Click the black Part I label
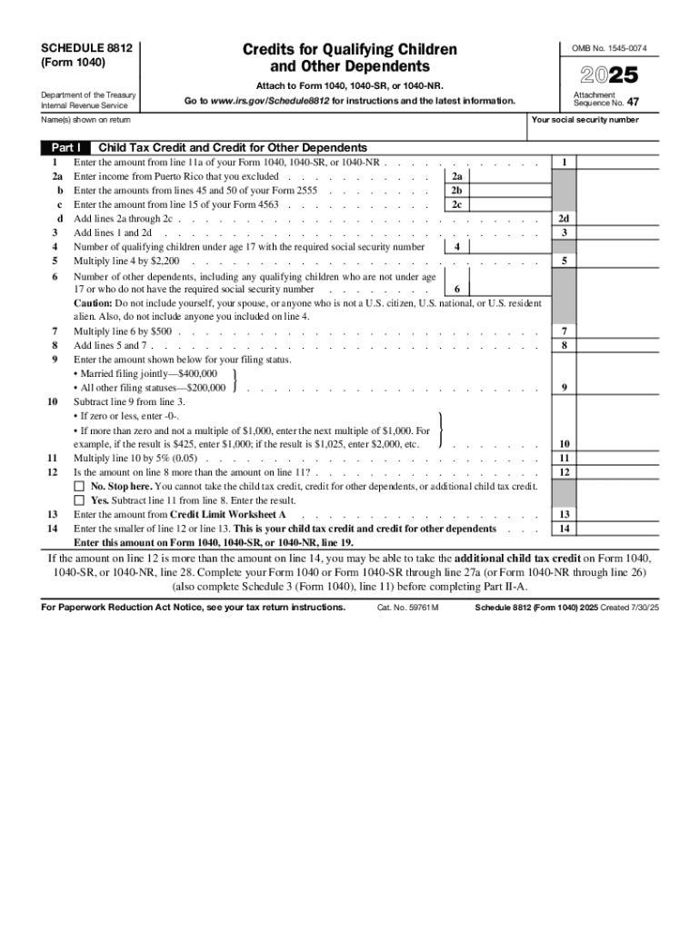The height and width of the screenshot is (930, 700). pos(65,147)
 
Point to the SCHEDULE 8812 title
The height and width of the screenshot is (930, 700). pos(82,48)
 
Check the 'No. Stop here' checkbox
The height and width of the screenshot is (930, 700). pos(79,487)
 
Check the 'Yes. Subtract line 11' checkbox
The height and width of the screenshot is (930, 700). pos(79,500)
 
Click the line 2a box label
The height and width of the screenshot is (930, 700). pos(457,177)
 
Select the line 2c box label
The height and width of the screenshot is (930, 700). pos(457,205)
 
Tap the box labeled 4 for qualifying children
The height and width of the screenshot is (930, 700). pos(457,247)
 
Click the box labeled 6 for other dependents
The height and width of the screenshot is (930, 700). pos(457,290)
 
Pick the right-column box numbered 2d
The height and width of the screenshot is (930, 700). pos(565,219)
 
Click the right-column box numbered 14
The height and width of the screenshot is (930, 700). pos(565,529)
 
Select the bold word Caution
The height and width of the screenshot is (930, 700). pos(93,303)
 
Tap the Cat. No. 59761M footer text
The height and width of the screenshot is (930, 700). pos(408,608)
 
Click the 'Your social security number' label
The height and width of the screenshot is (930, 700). pos(585,120)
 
